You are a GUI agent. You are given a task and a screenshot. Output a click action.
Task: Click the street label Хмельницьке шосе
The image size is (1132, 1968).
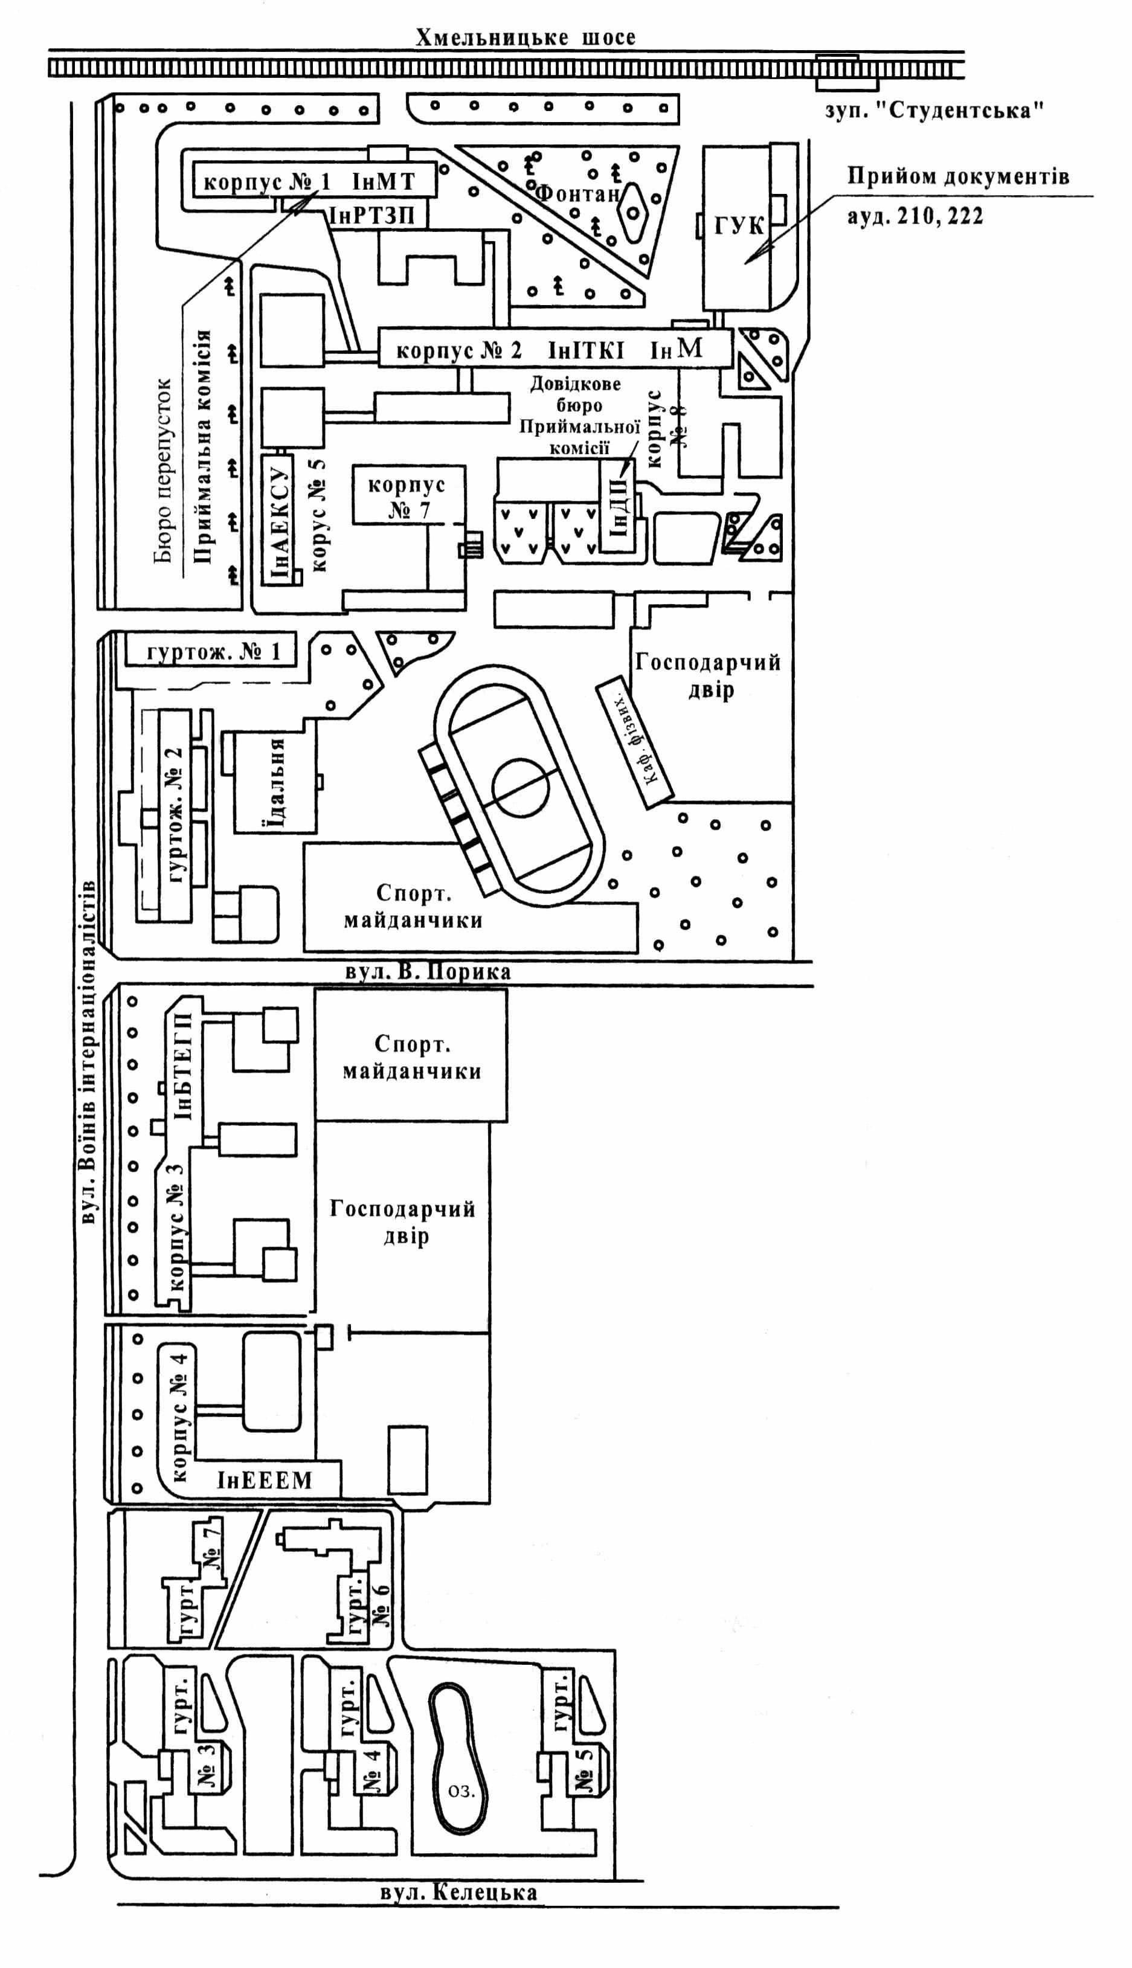(x=525, y=37)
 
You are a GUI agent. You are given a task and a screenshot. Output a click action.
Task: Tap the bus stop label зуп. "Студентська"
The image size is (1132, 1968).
(x=934, y=111)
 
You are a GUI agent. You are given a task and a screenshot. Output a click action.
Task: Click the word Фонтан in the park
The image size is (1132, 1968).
(x=577, y=193)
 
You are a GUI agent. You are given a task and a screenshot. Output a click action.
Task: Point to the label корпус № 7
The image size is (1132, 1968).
(x=407, y=498)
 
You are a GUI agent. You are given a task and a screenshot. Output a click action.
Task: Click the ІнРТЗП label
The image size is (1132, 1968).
(x=373, y=215)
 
